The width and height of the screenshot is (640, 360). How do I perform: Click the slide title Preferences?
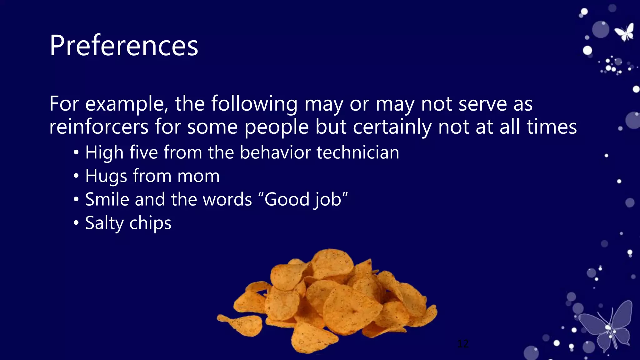coord(124,46)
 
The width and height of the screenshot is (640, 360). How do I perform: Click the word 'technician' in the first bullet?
coord(358,152)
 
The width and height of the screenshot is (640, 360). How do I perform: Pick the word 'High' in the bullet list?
coord(104,152)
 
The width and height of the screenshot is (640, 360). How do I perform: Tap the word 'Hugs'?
coord(106,176)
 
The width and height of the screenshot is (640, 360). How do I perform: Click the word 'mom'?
coord(198,176)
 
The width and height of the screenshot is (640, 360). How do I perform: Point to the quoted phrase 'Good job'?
coord(303,199)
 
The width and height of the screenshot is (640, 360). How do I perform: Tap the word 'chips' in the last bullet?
coord(150,223)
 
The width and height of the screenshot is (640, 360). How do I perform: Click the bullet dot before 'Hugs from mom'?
coord(76,176)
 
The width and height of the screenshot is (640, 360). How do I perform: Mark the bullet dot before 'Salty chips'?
coord(76,223)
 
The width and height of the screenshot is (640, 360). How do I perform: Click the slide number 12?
coord(463,344)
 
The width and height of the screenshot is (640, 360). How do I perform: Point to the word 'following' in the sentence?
coord(254,104)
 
